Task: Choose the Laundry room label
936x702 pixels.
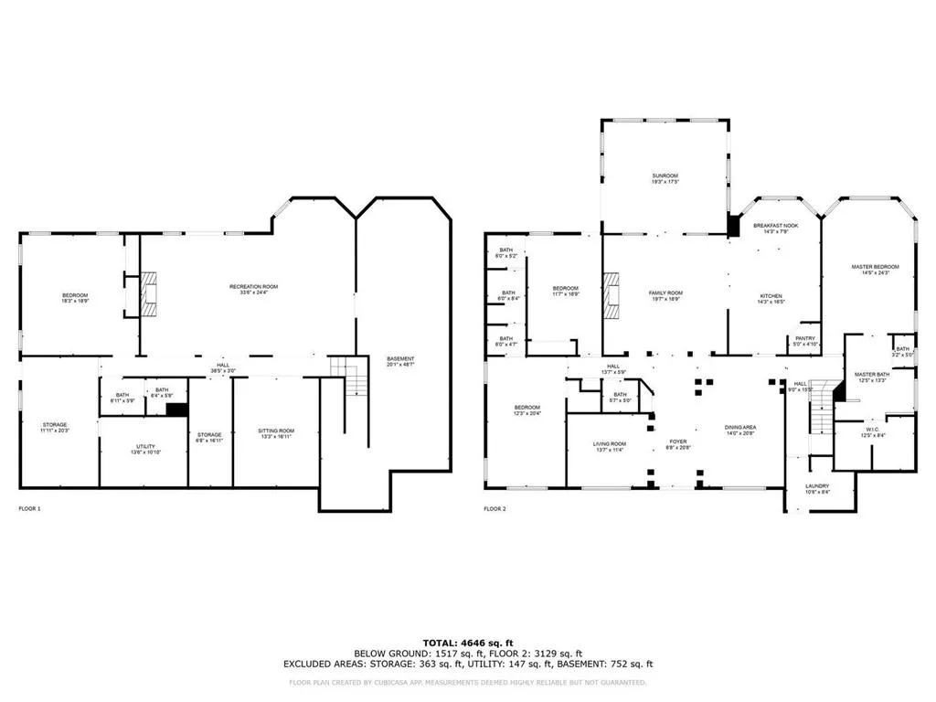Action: tap(817, 488)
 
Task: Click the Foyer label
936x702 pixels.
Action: tap(676, 443)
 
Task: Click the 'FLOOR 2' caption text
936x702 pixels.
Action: tap(495, 508)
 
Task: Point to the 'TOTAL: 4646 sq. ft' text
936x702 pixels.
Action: tap(467, 643)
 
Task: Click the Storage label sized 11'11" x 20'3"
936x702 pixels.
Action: tap(54, 428)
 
